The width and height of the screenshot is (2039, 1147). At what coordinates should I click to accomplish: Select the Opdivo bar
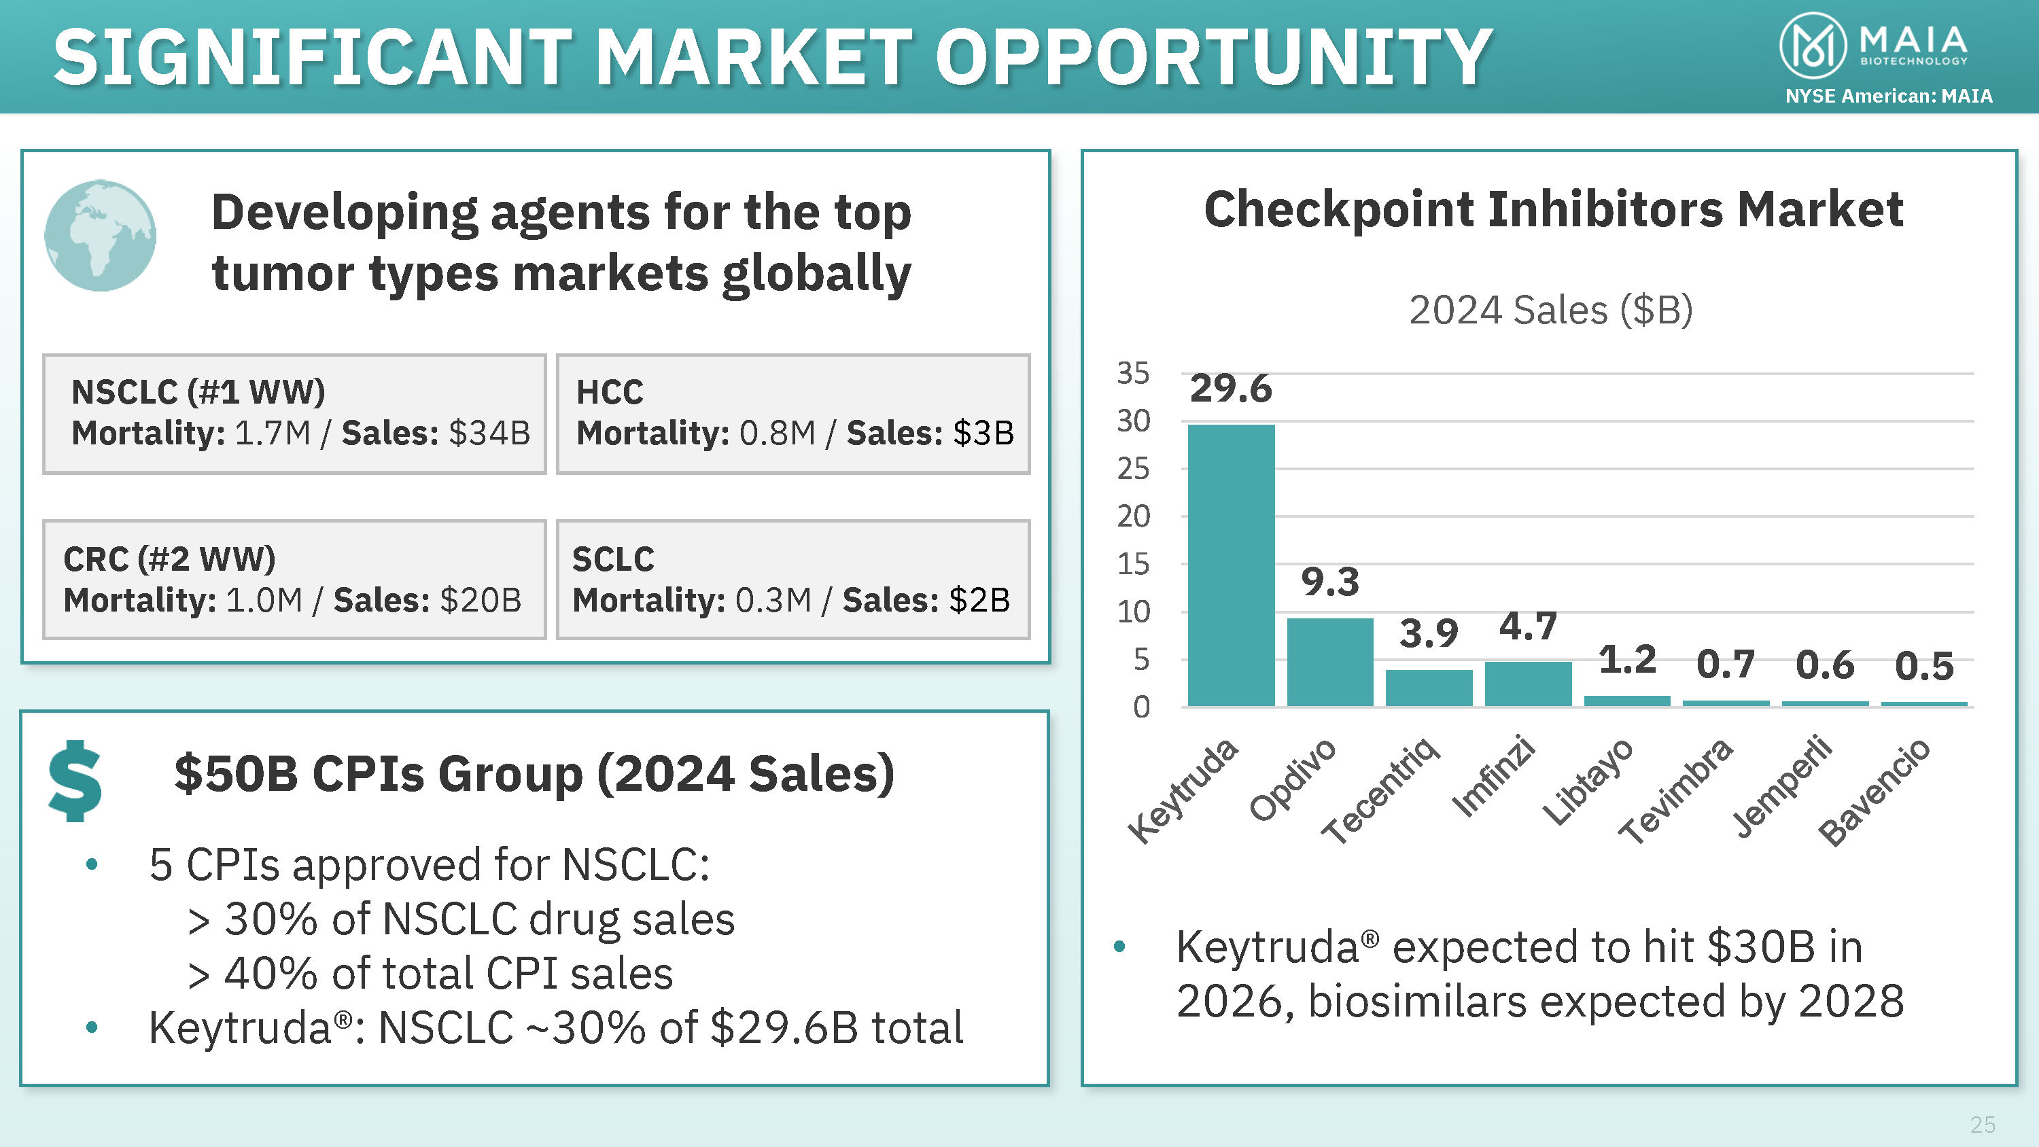(1330, 662)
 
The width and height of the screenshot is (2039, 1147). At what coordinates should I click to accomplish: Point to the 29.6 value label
(1231, 389)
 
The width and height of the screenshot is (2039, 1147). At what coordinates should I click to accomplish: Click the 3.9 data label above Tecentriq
(1429, 633)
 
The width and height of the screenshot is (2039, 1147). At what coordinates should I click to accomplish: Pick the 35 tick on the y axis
(1133, 373)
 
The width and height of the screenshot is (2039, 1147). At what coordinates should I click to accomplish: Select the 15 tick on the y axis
(1133, 565)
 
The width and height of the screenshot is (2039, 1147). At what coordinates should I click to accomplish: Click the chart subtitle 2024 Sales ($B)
(1550, 309)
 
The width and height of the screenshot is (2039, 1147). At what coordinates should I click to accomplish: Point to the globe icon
(101, 236)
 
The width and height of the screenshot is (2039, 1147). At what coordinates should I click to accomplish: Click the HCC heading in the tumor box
(610, 392)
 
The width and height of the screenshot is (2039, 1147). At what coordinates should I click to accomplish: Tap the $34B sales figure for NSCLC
(489, 433)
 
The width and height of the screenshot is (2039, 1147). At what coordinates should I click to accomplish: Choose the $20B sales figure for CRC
(481, 600)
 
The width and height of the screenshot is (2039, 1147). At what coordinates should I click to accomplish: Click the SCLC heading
(614, 559)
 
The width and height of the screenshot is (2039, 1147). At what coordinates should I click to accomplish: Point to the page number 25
(1982, 1124)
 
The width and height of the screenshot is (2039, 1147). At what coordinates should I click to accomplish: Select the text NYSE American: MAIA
(1889, 96)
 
